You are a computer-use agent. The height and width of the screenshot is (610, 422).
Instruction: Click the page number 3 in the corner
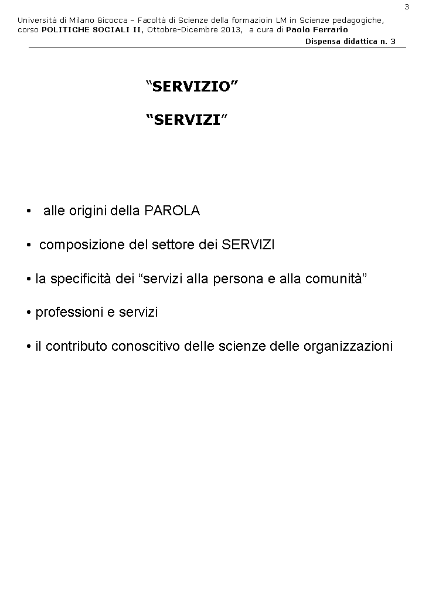(407, 6)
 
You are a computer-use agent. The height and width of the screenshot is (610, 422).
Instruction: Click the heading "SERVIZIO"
(192, 87)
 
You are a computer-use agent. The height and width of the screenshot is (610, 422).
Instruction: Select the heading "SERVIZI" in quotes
(186, 120)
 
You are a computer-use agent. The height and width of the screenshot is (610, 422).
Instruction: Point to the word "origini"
(87, 211)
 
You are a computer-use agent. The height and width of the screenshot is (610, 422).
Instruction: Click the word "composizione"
(81, 245)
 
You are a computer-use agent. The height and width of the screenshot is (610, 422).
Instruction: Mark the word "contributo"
(76, 347)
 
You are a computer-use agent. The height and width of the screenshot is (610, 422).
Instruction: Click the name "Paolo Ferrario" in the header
(316, 29)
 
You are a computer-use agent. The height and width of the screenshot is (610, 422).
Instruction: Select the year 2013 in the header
(229, 29)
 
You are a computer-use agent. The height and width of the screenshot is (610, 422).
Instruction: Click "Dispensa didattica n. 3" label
(350, 41)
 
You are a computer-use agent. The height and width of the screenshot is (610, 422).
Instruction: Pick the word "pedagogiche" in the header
(359, 21)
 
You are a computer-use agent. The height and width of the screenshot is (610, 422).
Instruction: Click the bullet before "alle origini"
(29, 212)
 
